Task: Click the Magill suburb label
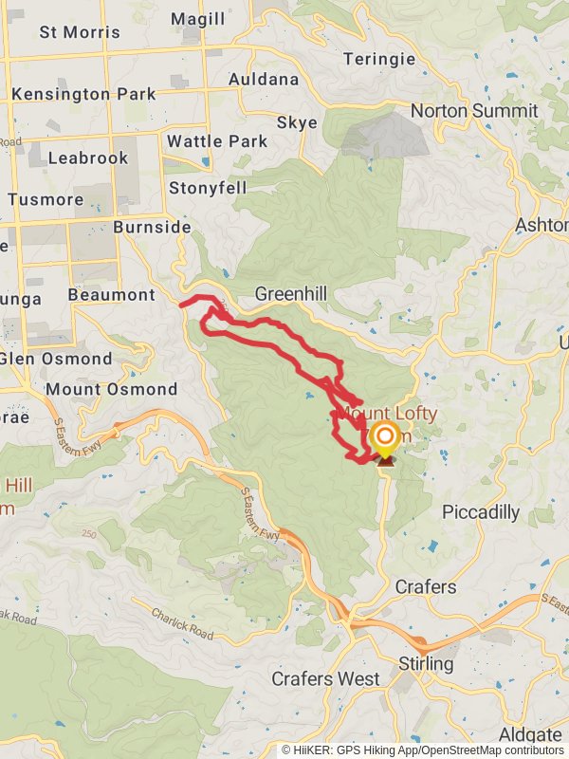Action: (x=198, y=19)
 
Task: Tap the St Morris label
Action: (x=80, y=32)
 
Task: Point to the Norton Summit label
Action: (x=474, y=111)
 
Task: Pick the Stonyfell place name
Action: (x=208, y=188)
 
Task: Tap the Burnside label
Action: (x=152, y=228)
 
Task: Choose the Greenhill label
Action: (x=290, y=294)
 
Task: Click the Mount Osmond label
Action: (x=112, y=389)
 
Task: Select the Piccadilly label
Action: (x=481, y=512)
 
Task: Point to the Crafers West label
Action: (x=325, y=679)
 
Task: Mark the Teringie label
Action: (x=379, y=59)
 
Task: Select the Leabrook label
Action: (x=87, y=157)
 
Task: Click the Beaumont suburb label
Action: (x=111, y=295)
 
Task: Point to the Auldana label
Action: (x=264, y=79)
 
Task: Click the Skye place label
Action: (x=297, y=123)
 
